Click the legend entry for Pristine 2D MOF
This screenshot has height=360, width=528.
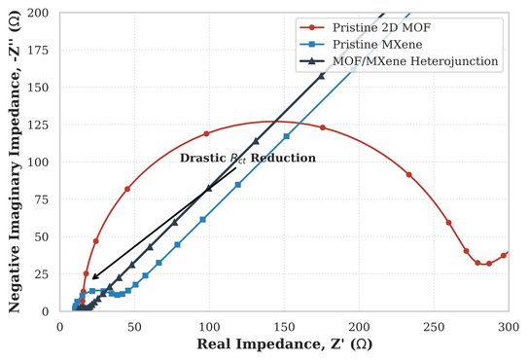pos(365,27)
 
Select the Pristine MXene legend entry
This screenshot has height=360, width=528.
pos(361,44)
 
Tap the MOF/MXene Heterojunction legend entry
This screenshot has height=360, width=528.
pos(399,61)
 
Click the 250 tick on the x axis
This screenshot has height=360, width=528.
pos(434,327)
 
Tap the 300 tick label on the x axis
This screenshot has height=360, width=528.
pos(509,327)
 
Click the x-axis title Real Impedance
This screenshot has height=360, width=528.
pos(285,344)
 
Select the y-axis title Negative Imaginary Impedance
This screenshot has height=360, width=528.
pos(15,162)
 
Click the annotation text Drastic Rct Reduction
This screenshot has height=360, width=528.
pos(248,158)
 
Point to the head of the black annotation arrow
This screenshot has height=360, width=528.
pos(92,278)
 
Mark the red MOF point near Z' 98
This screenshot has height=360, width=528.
pos(206,134)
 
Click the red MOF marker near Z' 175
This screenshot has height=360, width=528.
pos(323,127)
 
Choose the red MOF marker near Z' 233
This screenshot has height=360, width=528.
pos(409,174)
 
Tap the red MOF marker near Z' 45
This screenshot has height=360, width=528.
pos(127,189)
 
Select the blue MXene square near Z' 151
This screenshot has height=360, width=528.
pos(287,136)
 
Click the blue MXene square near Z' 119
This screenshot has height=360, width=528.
pos(238,185)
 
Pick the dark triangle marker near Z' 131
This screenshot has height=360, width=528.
pos(256,141)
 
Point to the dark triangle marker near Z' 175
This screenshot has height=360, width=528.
pos(322,76)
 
